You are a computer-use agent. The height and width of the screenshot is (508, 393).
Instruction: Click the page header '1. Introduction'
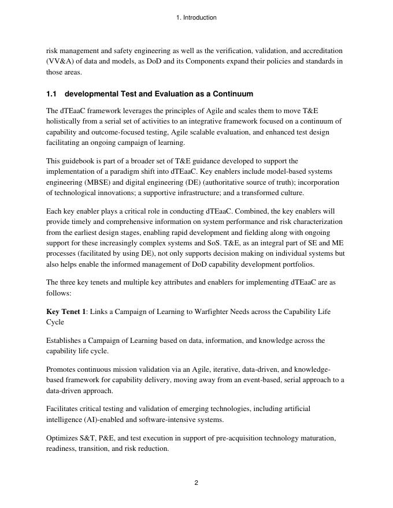(196, 18)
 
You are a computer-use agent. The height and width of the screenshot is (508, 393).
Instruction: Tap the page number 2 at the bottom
(196, 483)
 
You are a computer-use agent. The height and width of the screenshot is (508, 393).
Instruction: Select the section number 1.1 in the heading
(51, 94)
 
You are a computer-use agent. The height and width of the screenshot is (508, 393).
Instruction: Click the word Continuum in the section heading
(233, 94)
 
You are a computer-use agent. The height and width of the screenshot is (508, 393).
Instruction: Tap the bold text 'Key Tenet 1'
(66, 312)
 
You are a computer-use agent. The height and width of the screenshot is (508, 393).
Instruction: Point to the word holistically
(66, 122)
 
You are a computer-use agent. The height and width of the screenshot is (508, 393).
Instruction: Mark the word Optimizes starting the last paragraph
(62, 438)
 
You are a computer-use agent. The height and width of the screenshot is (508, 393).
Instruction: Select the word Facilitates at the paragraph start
(63, 409)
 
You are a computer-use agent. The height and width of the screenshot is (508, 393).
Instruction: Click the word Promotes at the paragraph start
(61, 369)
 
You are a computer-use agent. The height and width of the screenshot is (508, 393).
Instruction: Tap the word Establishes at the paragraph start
(65, 341)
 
